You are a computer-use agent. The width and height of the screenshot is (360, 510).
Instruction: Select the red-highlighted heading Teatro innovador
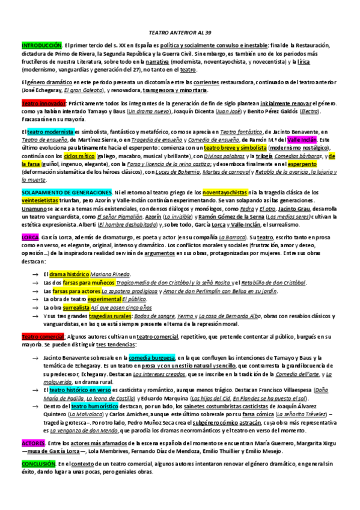tap(40, 103)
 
